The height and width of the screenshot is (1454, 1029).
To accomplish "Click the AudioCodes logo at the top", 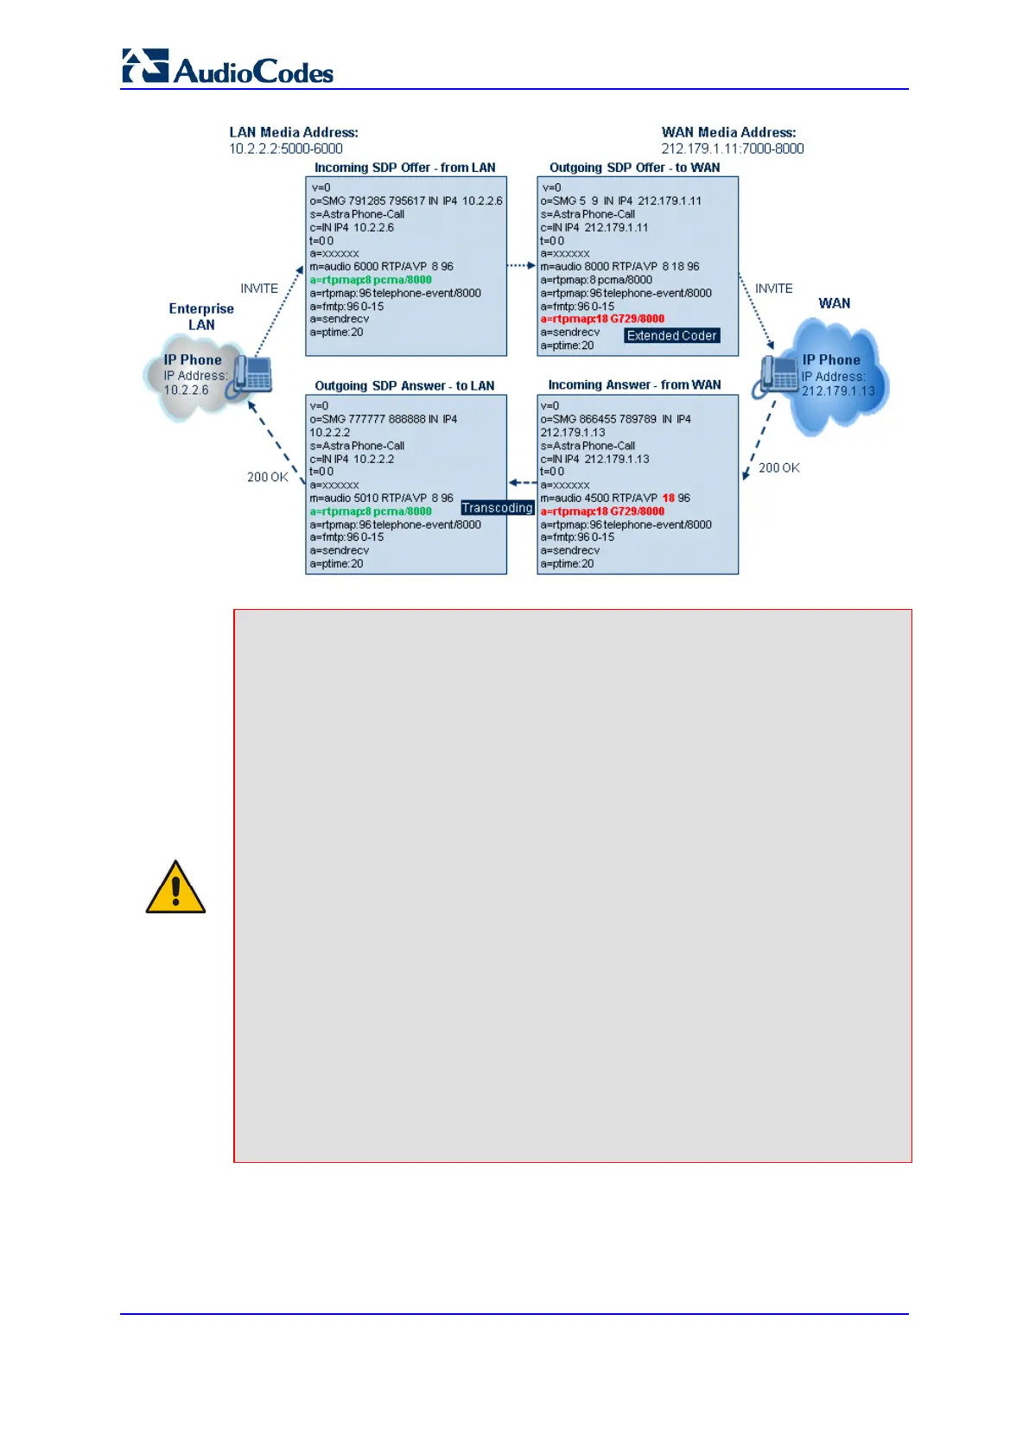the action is (x=227, y=67).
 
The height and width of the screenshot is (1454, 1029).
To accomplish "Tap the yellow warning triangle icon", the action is (x=175, y=888).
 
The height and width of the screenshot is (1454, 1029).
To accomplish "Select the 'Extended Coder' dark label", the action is (x=671, y=336).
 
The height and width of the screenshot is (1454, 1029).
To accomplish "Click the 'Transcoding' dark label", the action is (x=497, y=508).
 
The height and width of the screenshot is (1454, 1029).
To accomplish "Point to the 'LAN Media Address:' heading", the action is (x=294, y=132).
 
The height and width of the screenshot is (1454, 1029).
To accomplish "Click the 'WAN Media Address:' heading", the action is (x=728, y=132).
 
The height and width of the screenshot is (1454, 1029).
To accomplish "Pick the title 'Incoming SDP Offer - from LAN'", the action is (x=404, y=168).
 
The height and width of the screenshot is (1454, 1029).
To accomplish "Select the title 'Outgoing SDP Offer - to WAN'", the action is (x=634, y=168).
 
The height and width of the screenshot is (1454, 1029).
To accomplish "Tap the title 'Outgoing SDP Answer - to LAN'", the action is (x=404, y=386).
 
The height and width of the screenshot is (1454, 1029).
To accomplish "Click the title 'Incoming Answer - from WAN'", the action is (x=634, y=385).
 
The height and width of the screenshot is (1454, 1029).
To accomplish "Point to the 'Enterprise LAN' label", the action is (x=201, y=316).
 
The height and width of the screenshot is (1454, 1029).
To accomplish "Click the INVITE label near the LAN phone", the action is (x=259, y=289).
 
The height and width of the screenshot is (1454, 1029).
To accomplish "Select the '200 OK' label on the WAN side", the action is (x=778, y=468).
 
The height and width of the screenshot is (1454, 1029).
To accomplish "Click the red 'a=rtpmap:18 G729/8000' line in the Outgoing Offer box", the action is (x=602, y=319).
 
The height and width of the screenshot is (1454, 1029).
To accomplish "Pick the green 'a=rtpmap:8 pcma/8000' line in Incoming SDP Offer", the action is (x=371, y=280).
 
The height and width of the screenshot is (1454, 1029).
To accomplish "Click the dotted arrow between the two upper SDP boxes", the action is (x=521, y=266).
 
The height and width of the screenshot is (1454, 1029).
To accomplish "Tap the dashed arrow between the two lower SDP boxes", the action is (x=522, y=484).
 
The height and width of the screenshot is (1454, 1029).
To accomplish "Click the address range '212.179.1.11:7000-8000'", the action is (x=732, y=149).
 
